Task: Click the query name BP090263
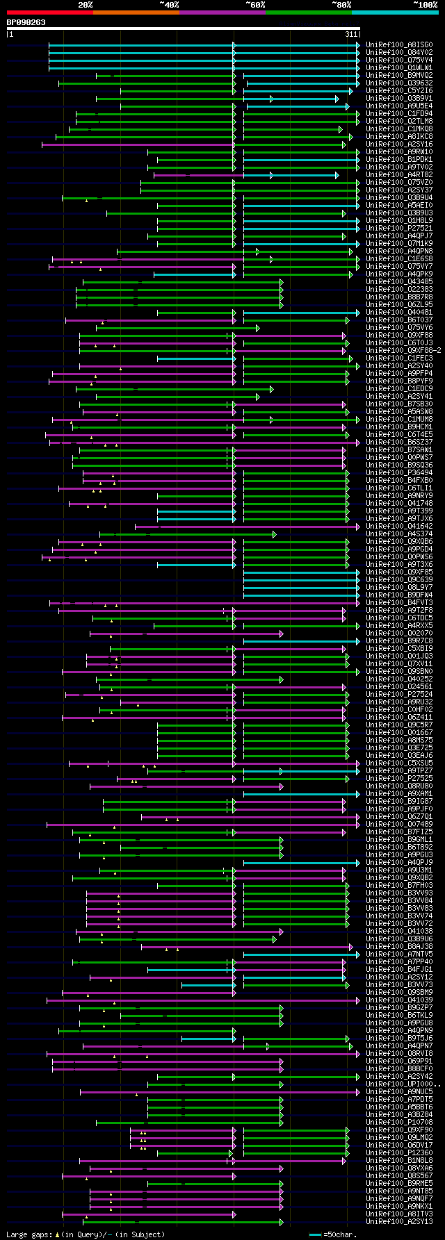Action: (x=26, y=22)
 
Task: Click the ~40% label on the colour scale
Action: (x=169, y=5)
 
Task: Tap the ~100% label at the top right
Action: (x=425, y=5)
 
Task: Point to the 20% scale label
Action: (x=86, y=5)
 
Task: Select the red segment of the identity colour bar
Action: (x=49, y=13)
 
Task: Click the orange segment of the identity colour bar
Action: (x=136, y=13)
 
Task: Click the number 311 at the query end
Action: (x=350, y=34)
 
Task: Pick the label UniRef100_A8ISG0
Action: (x=399, y=45)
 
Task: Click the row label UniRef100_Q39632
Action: (x=399, y=83)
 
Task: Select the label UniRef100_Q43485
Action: (x=399, y=282)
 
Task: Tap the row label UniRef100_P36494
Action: (x=399, y=473)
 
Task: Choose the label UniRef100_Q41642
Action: (x=399, y=527)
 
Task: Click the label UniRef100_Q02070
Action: (x=399, y=634)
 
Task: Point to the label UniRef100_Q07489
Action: (x=399, y=825)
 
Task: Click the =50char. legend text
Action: (x=340, y=1234)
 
